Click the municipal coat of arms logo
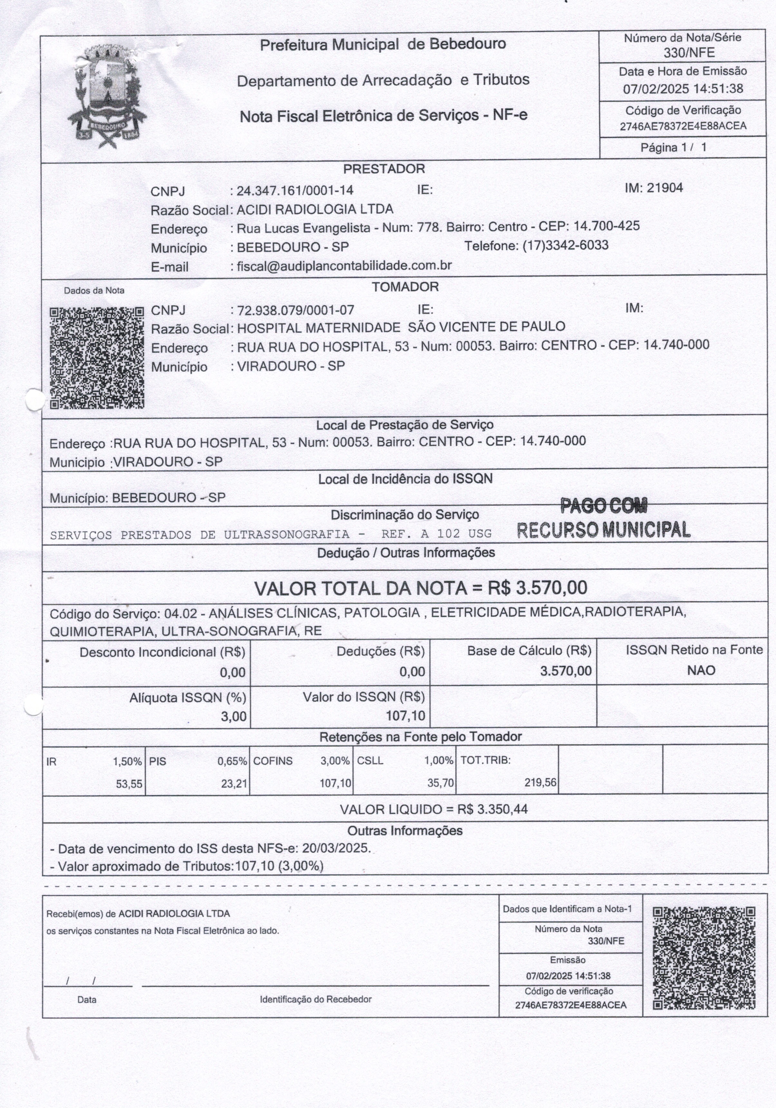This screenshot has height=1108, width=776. click(x=107, y=95)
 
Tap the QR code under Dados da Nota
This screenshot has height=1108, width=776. click(x=97, y=358)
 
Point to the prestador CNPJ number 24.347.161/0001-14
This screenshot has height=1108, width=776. click(x=295, y=190)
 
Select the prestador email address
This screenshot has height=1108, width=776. click(x=344, y=265)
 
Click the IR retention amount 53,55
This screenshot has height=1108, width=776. click(x=129, y=784)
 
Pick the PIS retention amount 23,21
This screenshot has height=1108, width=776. click(x=234, y=784)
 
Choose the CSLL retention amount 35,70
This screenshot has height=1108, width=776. click(x=440, y=783)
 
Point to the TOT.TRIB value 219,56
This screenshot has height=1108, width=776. click(x=540, y=782)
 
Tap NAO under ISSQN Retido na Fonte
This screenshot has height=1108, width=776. click(x=701, y=670)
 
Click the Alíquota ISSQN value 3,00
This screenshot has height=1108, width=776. click(x=234, y=716)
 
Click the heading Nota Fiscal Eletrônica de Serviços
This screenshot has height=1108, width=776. click(x=383, y=116)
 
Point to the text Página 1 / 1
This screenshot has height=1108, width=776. click(x=673, y=147)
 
